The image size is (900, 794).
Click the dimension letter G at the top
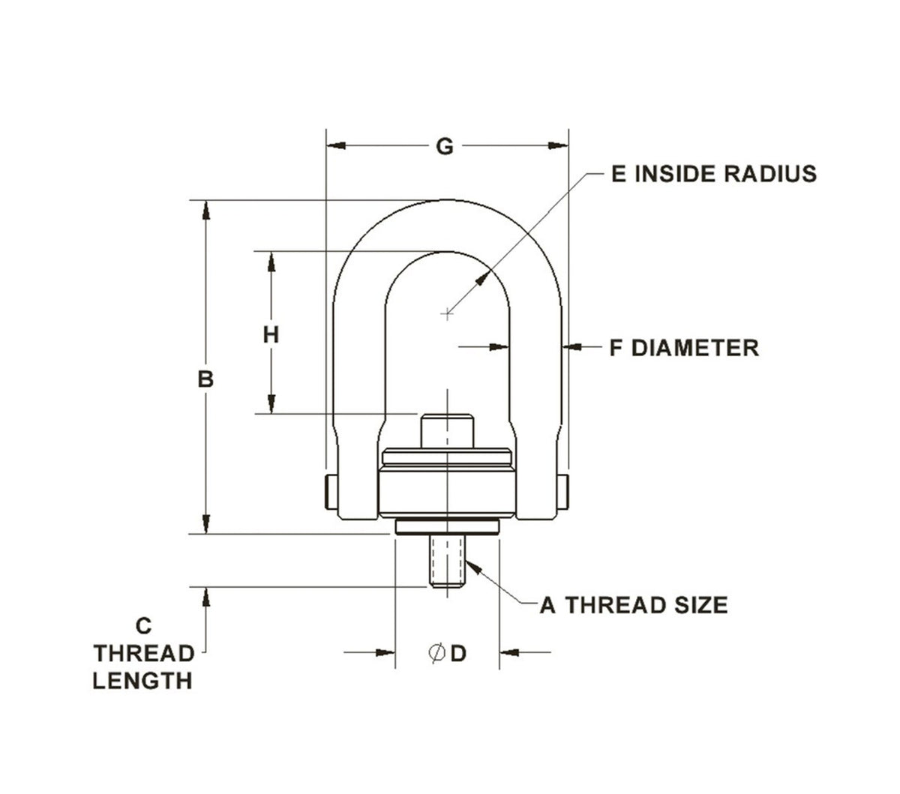(x=445, y=147)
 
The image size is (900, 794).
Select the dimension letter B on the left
(x=205, y=379)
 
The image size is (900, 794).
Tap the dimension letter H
(x=271, y=334)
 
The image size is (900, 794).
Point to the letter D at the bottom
(x=458, y=654)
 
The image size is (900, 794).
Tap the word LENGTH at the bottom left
(x=142, y=681)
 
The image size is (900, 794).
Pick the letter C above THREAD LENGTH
(x=145, y=625)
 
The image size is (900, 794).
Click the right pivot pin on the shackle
(x=563, y=491)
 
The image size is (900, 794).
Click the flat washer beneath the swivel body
(x=447, y=528)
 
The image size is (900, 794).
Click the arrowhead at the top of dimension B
(x=205, y=210)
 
